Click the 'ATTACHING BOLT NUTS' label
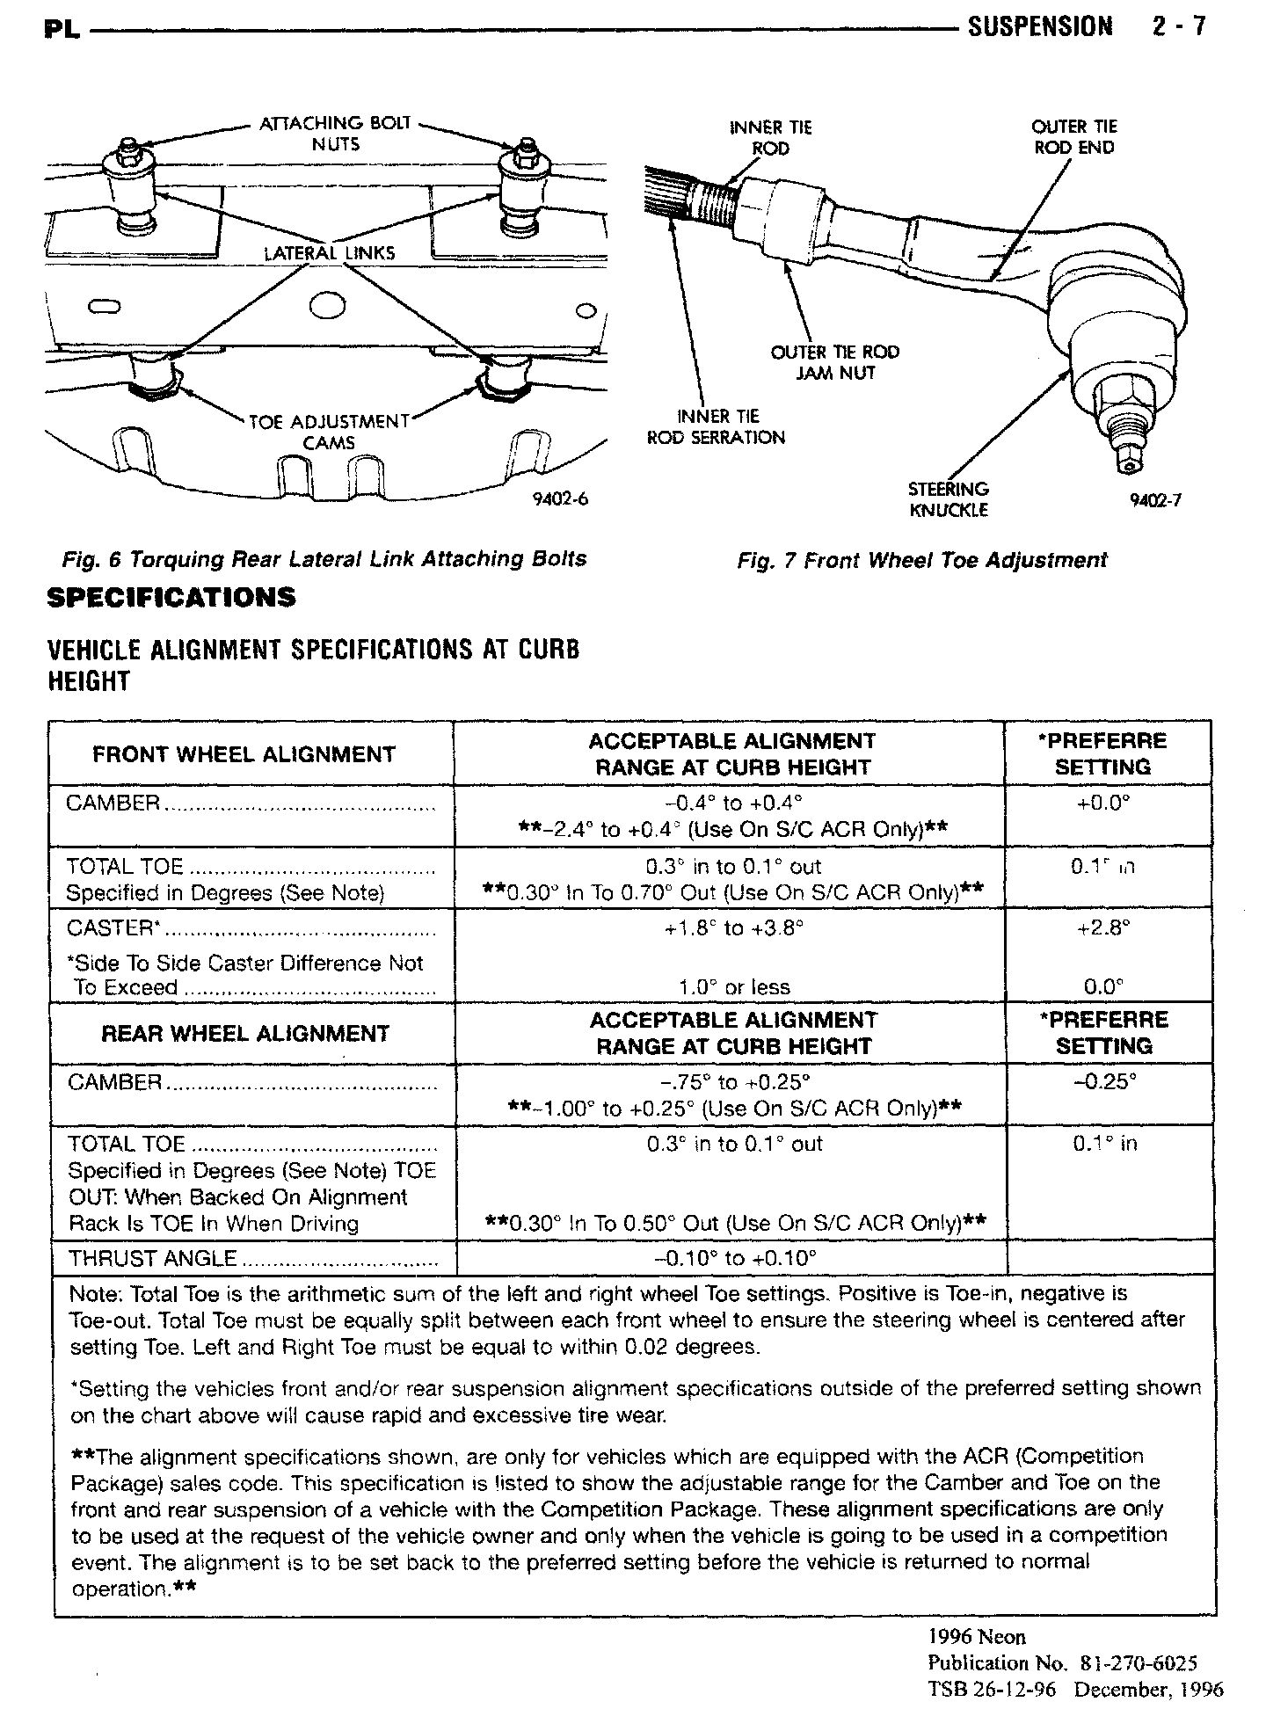tap(335, 133)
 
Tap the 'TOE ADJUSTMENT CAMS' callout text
tap(329, 432)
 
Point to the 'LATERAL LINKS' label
tap(329, 253)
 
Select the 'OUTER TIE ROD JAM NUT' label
tap(834, 362)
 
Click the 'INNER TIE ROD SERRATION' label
tap(716, 426)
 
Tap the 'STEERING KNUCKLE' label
tap(948, 499)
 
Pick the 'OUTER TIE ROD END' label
tap(1073, 137)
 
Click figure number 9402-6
tap(559, 499)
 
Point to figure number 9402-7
tap(1155, 500)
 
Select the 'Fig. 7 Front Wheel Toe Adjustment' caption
tap(922, 560)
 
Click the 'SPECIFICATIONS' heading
tap(171, 598)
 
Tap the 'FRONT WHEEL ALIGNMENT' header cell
tap(244, 754)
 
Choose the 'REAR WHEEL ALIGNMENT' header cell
tap(245, 1033)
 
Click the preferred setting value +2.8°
tap(1103, 927)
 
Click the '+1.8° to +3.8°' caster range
tap(734, 928)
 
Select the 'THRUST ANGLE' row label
tap(152, 1259)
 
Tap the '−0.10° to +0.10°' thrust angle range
tap(735, 1259)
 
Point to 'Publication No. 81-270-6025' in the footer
tap(1062, 1662)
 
